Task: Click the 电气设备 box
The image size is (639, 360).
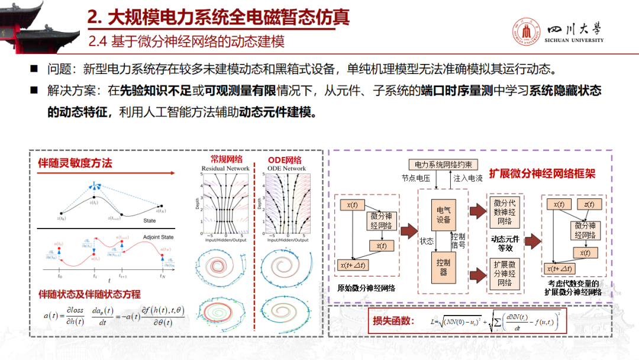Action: tap(444, 215)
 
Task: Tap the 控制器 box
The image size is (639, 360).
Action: tap(443, 268)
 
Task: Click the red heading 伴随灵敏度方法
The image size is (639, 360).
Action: tap(75, 163)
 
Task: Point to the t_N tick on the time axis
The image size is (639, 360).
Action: tap(162, 276)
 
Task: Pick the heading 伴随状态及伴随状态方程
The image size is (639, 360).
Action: tap(89, 294)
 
